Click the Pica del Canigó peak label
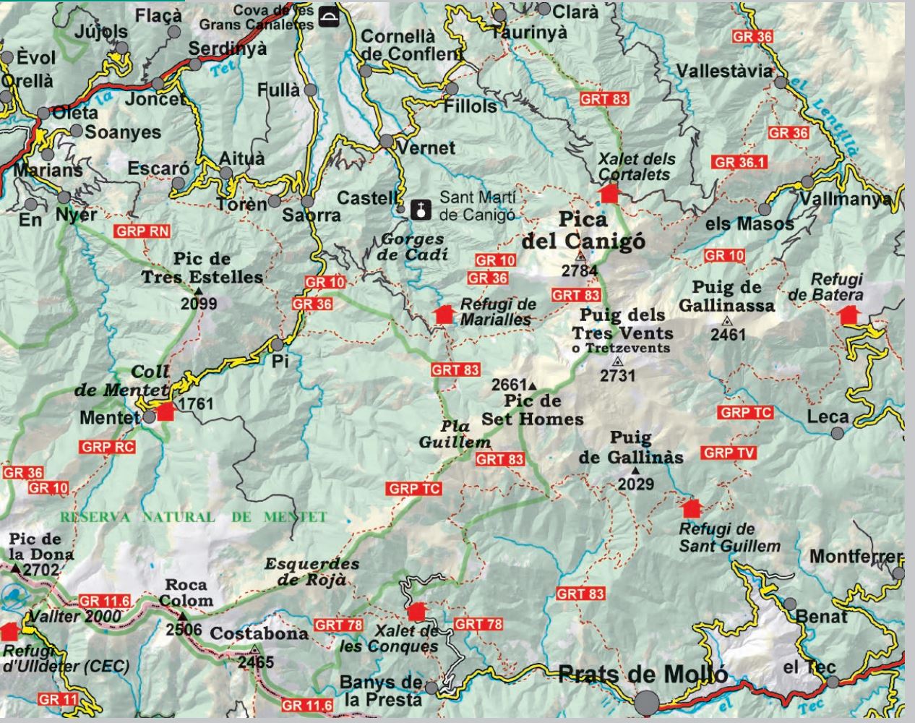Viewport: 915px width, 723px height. pos(583,229)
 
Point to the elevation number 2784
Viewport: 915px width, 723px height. pos(580,271)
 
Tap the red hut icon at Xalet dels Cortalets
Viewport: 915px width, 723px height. pos(609,193)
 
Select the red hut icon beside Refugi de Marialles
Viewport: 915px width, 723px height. pos(444,313)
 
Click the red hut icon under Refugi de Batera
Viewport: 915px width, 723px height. pos(847,315)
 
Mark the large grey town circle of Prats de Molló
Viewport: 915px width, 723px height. pos(648,701)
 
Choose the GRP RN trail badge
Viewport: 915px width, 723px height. pos(142,231)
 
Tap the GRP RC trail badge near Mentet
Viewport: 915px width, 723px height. pos(108,447)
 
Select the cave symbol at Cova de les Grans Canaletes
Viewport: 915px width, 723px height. pos(329,17)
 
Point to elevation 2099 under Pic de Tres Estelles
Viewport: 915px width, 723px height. pos(199,304)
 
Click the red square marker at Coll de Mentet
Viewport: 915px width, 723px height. pos(166,411)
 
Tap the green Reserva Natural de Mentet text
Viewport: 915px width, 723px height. pos(193,517)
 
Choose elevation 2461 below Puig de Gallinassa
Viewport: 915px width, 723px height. pos(727,334)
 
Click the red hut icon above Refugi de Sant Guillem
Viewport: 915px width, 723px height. pos(692,508)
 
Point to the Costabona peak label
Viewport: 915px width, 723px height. pos(259,633)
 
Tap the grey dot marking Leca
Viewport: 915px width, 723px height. pos(837,433)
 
